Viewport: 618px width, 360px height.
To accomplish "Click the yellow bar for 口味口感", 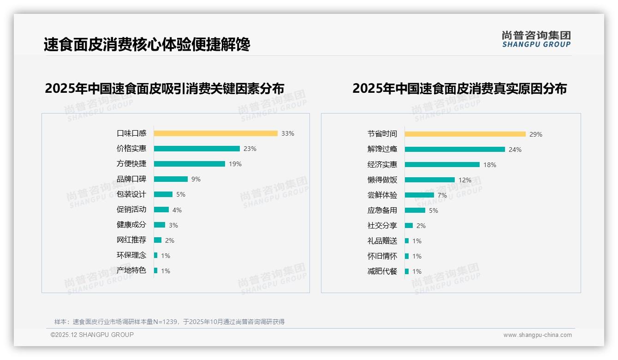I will coord(215,133).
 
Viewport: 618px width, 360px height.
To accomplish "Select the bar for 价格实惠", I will coord(196,149).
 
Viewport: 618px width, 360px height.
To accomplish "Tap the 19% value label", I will coord(235,164).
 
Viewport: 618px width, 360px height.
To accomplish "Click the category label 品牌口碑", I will coord(131,179).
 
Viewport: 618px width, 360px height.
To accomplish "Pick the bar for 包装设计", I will coord(163,194).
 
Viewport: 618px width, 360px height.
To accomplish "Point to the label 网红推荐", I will coord(131,240).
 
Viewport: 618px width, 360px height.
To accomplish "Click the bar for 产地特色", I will coord(155,270).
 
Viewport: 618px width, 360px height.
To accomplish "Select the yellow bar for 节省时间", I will coord(465,134).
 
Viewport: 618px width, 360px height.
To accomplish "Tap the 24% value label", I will coord(515,150).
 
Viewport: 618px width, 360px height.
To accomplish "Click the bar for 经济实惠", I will coord(442,165).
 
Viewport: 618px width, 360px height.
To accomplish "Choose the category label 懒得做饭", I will coord(382,180).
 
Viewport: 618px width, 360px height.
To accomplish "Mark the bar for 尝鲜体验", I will coord(419,195).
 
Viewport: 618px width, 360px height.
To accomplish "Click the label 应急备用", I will coord(382,210).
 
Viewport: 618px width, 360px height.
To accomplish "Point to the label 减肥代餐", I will coord(382,271).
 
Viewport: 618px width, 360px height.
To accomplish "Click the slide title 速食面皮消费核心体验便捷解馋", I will coord(147,45).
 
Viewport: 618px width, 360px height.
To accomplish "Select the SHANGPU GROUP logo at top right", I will coord(536,39).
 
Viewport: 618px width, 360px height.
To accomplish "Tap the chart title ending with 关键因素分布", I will coord(164,88).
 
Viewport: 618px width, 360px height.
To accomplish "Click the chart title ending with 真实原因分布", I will coord(459,88).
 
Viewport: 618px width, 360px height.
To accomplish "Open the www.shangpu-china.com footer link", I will coord(537,335).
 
